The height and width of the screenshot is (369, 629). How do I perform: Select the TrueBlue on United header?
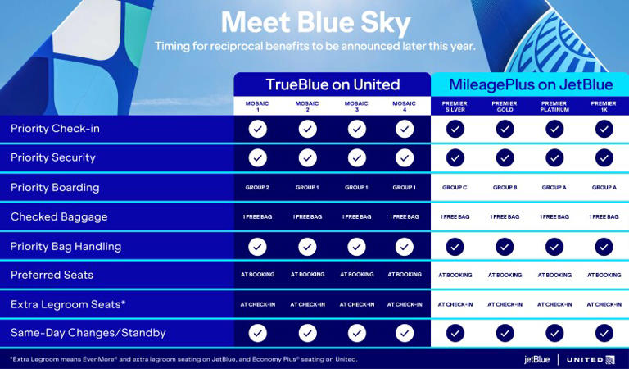(333, 84)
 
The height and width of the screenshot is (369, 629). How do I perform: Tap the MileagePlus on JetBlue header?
(529, 84)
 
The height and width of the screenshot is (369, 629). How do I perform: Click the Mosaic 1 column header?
(257, 106)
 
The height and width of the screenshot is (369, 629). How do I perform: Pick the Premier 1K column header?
(604, 106)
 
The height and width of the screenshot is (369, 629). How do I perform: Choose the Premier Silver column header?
(455, 106)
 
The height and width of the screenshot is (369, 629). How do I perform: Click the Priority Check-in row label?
(55, 129)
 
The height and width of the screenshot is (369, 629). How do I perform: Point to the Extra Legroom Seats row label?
(68, 304)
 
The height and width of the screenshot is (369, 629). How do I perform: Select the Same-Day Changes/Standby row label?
(88, 333)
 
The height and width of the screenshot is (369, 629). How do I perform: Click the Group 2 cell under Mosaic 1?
(257, 188)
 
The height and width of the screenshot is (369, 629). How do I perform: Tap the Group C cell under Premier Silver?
(455, 188)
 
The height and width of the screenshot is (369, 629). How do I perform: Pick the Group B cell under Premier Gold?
(505, 188)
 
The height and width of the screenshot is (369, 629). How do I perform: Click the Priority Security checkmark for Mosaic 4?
(405, 157)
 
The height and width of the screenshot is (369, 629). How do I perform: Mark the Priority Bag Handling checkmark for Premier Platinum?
(554, 246)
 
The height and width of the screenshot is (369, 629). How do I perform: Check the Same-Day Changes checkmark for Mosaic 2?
(307, 333)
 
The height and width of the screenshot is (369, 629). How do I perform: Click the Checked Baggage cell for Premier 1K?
(604, 217)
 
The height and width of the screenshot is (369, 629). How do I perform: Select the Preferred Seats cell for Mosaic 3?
(356, 275)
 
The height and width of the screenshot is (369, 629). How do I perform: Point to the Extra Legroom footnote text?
(183, 359)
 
